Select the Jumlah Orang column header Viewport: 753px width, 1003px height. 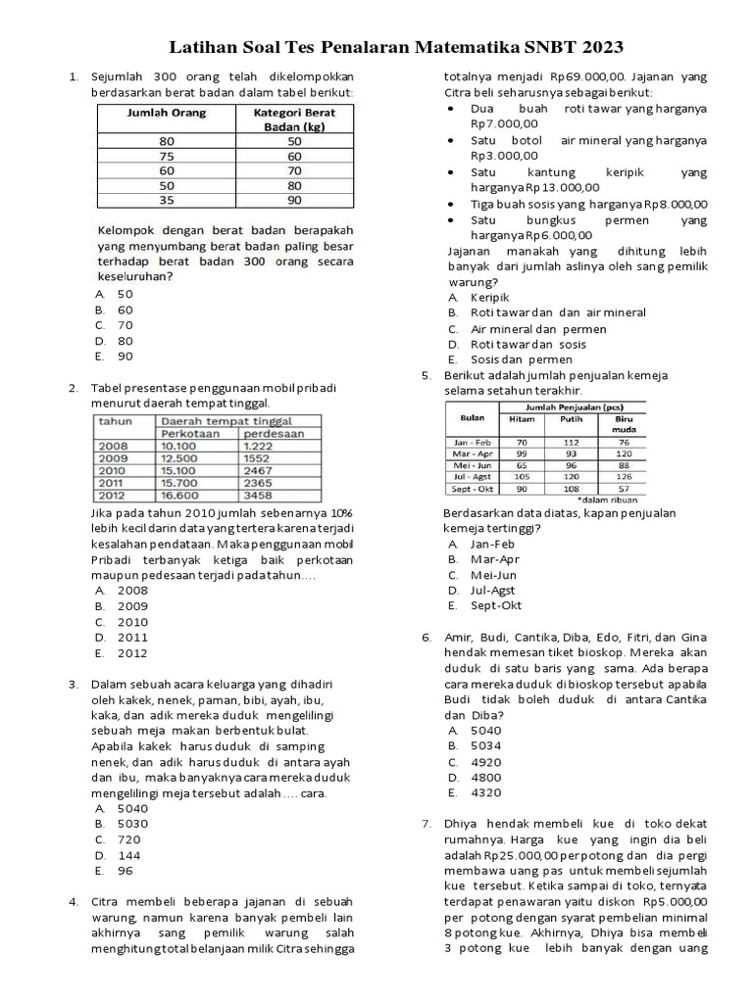click(x=167, y=114)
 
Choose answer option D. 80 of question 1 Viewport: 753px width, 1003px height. click(x=115, y=341)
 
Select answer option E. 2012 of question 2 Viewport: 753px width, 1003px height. click(x=123, y=653)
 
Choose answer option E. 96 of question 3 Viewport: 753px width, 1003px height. click(x=117, y=871)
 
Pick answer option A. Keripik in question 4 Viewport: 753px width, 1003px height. click(x=478, y=297)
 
